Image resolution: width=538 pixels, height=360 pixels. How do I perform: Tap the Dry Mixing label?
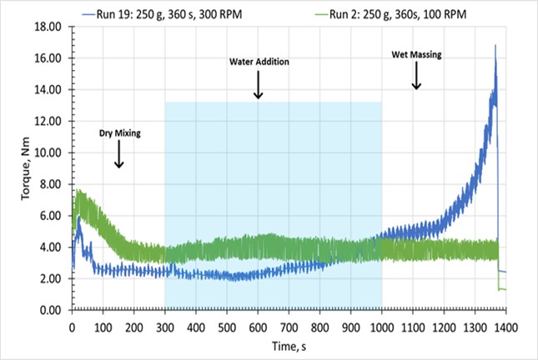[118, 132]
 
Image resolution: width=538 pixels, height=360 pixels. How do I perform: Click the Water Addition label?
[259, 62]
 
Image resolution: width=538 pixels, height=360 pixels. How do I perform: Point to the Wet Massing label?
[416, 55]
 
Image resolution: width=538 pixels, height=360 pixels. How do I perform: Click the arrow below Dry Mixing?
[118, 153]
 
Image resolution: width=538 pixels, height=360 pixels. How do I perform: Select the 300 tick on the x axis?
[165, 325]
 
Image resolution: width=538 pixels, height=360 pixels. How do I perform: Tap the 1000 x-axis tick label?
[382, 325]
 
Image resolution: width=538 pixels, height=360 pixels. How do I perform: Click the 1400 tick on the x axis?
[505, 325]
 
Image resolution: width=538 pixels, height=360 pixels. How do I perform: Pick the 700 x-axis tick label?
[289, 325]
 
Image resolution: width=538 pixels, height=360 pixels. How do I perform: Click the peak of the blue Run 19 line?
[495, 46]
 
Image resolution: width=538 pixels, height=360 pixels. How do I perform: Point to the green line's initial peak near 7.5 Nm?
[78, 192]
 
